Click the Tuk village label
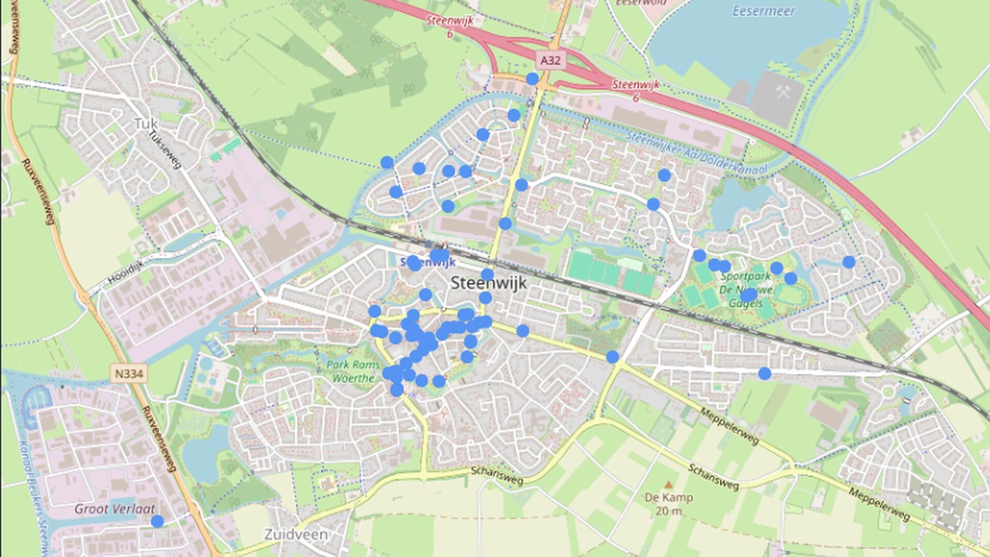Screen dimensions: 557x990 click(145, 123)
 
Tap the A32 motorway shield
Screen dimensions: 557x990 click(550, 60)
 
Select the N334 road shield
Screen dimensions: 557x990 click(128, 373)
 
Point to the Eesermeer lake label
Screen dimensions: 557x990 click(763, 11)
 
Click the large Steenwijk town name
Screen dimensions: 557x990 click(489, 283)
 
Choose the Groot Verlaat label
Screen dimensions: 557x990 click(114, 509)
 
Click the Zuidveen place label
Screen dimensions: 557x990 click(296, 534)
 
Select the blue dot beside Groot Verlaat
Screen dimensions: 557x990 click(157, 521)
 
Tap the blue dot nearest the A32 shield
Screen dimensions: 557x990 click(532, 79)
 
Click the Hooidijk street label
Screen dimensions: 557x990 click(125, 273)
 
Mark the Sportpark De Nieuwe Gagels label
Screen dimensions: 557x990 click(746, 290)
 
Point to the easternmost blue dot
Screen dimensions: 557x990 click(849, 262)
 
